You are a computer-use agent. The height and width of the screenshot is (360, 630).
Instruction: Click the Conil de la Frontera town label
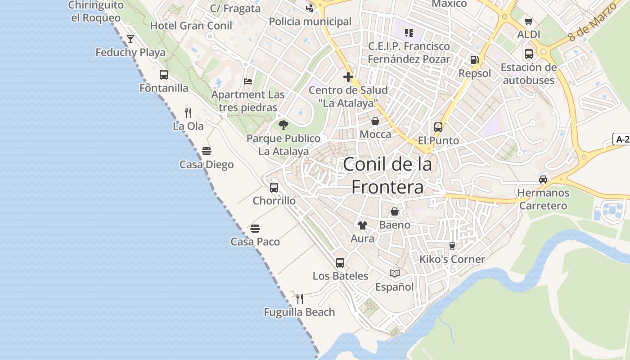[x=387, y=175]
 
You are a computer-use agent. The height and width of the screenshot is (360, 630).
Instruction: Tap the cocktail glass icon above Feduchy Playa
[x=130, y=39]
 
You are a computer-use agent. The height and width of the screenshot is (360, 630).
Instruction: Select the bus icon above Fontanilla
[x=164, y=75]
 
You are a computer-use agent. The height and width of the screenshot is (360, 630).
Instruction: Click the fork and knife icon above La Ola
[x=188, y=112]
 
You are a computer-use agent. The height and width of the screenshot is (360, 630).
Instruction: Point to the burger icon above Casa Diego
[x=207, y=151]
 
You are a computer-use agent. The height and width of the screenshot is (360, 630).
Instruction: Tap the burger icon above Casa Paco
[x=255, y=229]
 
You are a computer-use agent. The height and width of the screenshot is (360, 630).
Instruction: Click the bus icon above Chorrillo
[x=274, y=188]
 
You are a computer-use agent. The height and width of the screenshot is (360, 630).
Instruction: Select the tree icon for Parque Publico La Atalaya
[x=283, y=125]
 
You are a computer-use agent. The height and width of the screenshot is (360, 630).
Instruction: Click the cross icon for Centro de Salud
[x=348, y=77]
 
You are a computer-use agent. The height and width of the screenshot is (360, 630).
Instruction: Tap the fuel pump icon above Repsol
[x=474, y=60]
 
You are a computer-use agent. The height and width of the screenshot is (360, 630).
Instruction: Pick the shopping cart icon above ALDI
[x=529, y=21]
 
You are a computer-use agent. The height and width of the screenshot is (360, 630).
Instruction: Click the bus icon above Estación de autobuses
[x=529, y=54]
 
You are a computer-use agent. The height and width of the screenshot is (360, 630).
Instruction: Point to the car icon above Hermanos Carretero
[x=543, y=179]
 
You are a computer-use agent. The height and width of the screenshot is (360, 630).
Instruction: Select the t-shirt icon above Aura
[x=363, y=225]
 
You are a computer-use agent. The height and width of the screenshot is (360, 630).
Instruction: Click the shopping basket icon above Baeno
[x=395, y=211]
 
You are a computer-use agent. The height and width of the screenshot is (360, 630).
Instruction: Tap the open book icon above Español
[x=395, y=273]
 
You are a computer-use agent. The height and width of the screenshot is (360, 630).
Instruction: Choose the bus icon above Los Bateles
[x=340, y=262]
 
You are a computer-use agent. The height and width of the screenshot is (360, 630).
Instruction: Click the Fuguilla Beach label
[x=299, y=312]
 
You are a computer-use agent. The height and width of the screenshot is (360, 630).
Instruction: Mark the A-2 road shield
[x=621, y=139]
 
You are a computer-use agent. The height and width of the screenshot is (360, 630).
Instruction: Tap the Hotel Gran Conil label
[x=191, y=26]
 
